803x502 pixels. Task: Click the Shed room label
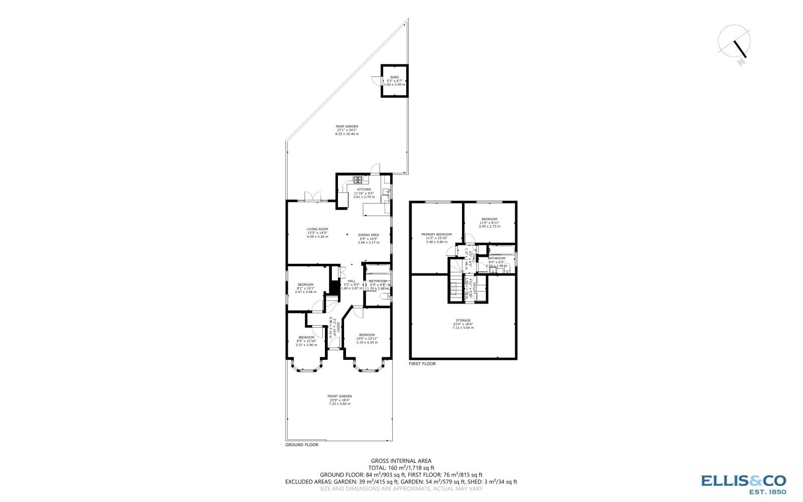click(x=394, y=77)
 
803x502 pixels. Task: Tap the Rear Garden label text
click(x=347, y=127)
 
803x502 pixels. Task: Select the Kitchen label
click(x=364, y=189)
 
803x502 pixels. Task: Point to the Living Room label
click(x=317, y=229)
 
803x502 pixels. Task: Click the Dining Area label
click(x=368, y=235)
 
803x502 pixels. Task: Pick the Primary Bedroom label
click(x=436, y=235)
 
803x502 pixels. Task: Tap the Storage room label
click(x=463, y=321)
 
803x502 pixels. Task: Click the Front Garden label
click(x=339, y=396)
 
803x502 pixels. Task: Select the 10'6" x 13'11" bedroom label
click(x=367, y=335)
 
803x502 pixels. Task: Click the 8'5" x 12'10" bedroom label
click(x=306, y=338)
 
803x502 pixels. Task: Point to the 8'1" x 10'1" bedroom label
click(x=305, y=285)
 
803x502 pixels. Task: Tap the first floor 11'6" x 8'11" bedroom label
click(x=489, y=219)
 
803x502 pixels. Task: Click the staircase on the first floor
click(x=455, y=284)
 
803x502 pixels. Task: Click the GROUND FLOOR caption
click(x=301, y=445)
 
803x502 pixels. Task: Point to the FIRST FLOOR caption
click(x=422, y=363)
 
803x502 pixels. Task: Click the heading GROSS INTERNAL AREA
click(x=401, y=460)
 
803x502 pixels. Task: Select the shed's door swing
click(x=376, y=79)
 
